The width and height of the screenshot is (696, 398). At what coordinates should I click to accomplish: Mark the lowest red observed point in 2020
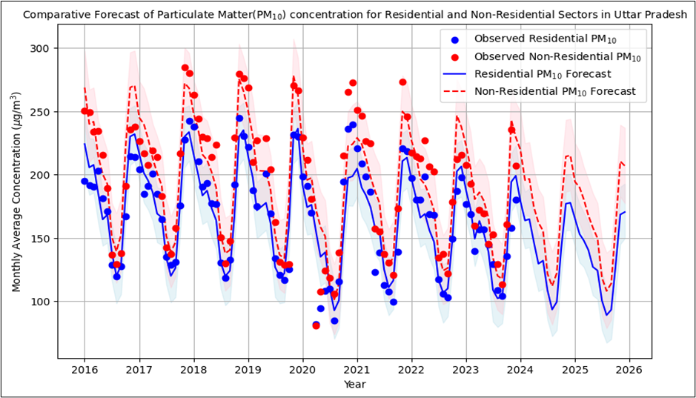[x=316, y=325]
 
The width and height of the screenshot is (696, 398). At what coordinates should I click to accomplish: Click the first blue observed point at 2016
[x=84, y=182]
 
